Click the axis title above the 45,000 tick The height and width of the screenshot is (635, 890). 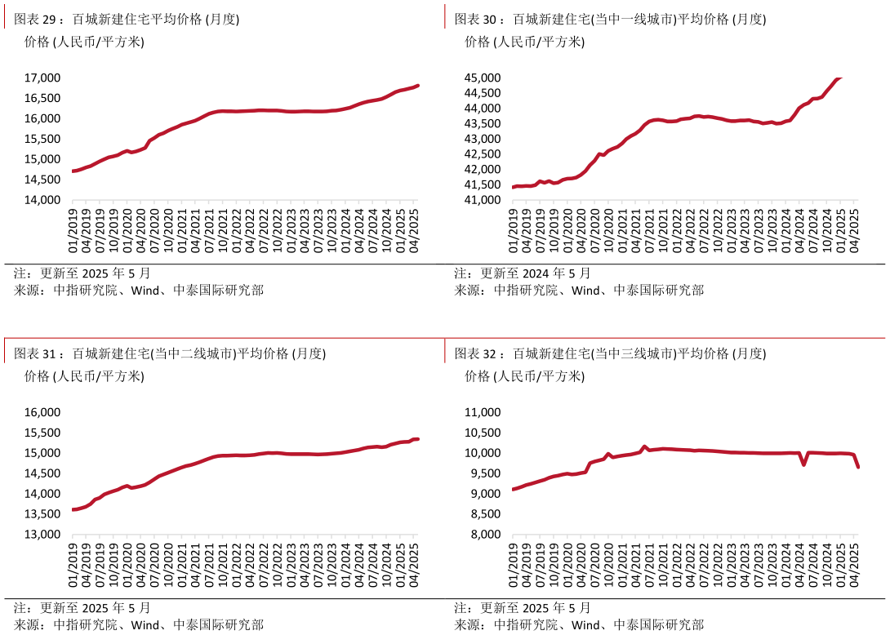(x=524, y=42)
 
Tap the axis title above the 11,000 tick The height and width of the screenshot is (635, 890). (x=524, y=377)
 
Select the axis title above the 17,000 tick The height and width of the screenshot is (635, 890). (x=84, y=42)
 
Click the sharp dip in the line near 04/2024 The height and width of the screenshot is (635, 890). (x=804, y=464)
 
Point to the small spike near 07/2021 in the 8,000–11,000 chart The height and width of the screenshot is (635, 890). (x=645, y=446)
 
